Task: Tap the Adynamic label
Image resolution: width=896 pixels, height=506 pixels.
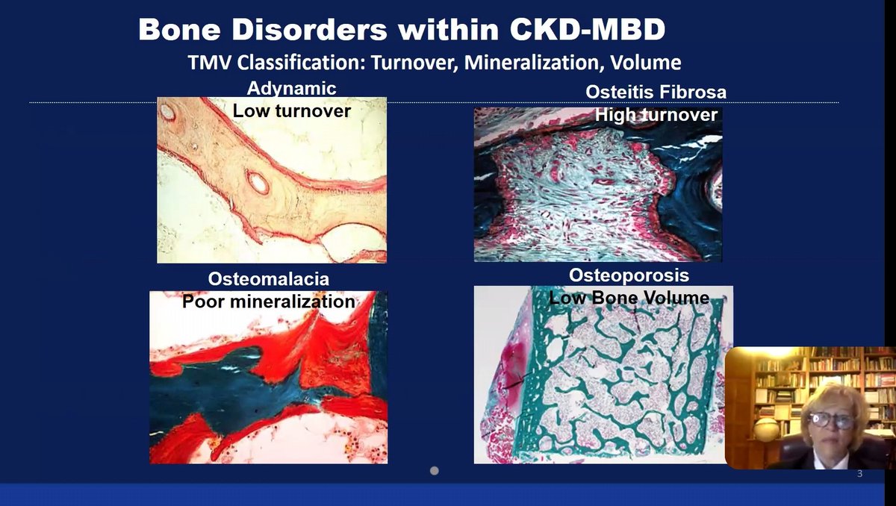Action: (x=292, y=89)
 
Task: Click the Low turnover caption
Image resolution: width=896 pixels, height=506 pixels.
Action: (x=292, y=110)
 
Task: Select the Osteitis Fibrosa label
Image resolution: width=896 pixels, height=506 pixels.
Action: (x=656, y=93)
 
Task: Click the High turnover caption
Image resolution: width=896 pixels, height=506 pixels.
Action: (x=656, y=115)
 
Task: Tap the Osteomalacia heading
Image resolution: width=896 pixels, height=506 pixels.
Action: (x=269, y=280)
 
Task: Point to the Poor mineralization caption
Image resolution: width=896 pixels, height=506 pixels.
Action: (x=269, y=302)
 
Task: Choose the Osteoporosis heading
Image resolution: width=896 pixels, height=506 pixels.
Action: (x=629, y=275)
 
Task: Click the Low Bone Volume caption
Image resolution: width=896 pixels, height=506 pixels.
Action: (x=629, y=298)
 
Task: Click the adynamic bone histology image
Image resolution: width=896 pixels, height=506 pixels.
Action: (x=272, y=187)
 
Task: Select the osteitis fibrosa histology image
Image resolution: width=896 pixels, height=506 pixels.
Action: (x=597, y=194)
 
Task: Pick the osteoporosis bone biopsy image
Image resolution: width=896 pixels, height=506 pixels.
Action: (x=597, y=381)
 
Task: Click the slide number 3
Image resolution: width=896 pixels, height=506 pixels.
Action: (x=859, y=474)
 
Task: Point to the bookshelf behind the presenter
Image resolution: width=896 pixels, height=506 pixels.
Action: (x=777, y=381)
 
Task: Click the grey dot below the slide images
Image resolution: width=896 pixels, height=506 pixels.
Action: (x=435, y=471)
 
